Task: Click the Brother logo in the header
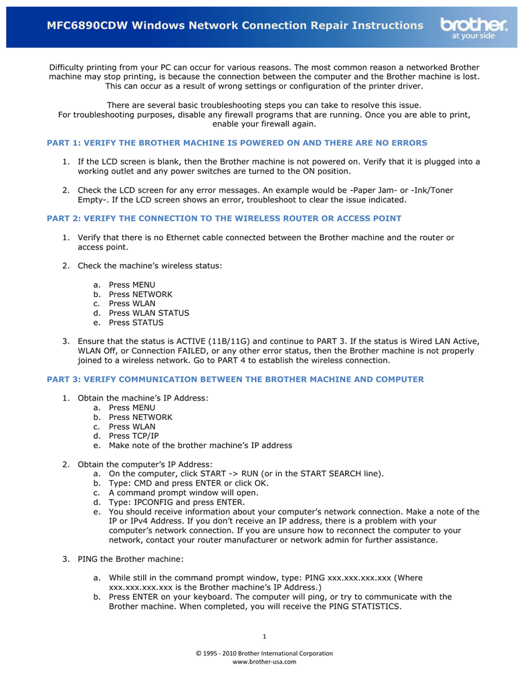[473, 28]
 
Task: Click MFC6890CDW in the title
[86, 25]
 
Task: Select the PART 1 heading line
[237, 142]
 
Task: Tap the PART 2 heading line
[224, 218]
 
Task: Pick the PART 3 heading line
[235, 379]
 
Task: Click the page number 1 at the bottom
[264, 635]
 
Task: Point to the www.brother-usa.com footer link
[264, 662]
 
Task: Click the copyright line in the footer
[264, 653]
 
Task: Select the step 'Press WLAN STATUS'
[148, 313]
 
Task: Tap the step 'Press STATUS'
[136, 322]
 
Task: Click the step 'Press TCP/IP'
[134, 436]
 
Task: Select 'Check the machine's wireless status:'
[150, 266]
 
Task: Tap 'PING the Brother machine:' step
[130, 559]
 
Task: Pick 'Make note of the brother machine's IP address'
[200, 446]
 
